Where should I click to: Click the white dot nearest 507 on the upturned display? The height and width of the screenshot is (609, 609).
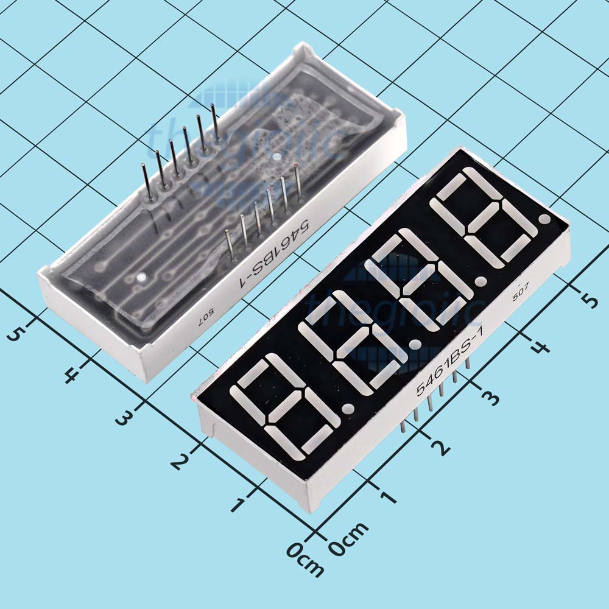click(x=141, y=278)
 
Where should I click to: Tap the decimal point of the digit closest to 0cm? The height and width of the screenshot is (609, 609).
click(x=348, y=408)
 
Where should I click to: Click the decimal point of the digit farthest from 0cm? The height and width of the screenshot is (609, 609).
click(x=544, y=218)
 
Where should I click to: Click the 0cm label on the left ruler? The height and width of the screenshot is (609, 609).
click(x=305, y=557)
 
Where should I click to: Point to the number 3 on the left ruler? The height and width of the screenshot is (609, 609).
click(x=124, y=417)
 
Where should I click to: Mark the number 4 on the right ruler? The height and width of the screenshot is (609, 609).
click(x=540, y=348)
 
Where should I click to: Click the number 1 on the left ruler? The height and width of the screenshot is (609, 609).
click(x=239, y=504)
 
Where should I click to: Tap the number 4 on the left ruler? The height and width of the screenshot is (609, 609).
click(x=71, y=375)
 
